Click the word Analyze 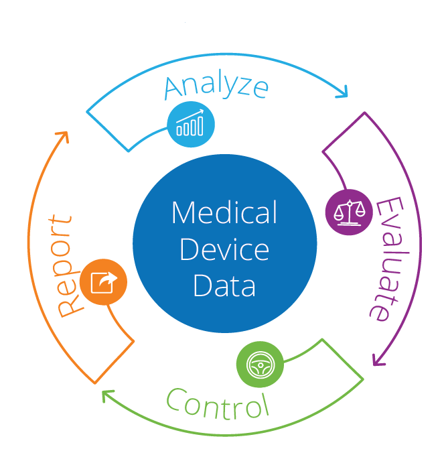(216, 84)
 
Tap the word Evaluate (389, 259)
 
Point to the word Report (64, 266)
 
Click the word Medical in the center (224, 212)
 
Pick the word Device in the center (224, 249)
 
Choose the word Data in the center (224, 285)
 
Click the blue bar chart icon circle (191, 124)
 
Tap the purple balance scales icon (349, 212)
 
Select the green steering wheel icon (260, 365)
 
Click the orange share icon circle (103, 282)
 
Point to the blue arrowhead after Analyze (343, 92)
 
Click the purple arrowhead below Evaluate (378, 360)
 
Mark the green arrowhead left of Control (107, 395)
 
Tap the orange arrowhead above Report (63, 137)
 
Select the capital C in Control (175, 399)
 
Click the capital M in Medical (184, 212)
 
